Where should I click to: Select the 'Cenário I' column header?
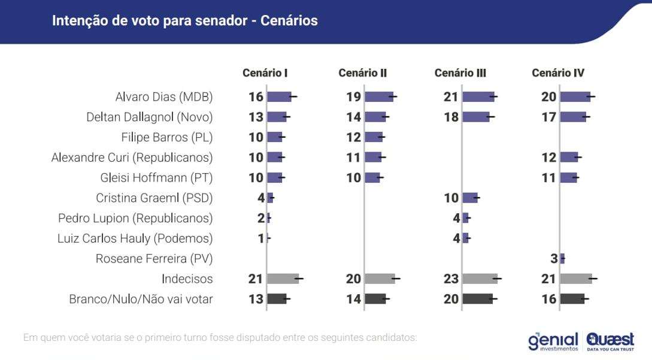click(265, 73)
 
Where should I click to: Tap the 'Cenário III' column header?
click(460, 73)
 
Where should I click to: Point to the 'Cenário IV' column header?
click(558, 73)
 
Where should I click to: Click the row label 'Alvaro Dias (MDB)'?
click(164, 97)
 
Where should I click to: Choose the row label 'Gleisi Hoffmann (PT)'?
click(157, 178)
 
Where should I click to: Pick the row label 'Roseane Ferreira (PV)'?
click(154, 259)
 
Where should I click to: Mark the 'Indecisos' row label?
click(187, 279)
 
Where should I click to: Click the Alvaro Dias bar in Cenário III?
click(478, 97)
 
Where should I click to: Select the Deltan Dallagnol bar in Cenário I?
click(276, 117)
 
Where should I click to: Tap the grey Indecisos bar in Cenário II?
click(379, 279)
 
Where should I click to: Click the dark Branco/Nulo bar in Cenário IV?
click(572, 299)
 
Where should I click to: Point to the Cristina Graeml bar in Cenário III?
click(470, 198)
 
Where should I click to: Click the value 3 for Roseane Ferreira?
click(554, 259)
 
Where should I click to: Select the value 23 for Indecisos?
click(451, 279)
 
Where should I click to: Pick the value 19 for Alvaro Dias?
click(353, 97)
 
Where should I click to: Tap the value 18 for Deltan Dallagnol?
click(451, 117)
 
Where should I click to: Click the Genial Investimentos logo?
click(553, 341)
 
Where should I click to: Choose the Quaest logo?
click(610, 341)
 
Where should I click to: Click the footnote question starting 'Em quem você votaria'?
click(220, 338)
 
